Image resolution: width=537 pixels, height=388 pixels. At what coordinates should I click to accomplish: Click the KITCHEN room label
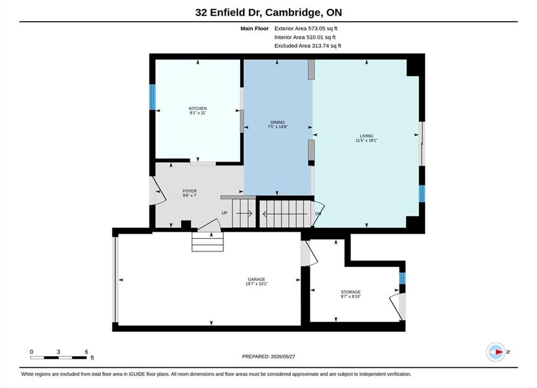(198, 108)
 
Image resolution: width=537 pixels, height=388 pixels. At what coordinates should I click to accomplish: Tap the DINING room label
(277, 122)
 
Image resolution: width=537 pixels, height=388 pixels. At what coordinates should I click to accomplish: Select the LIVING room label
(366, 136)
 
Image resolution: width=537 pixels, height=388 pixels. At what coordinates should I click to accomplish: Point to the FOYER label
(190, 191)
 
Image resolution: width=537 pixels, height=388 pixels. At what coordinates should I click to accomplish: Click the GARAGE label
(256, 279)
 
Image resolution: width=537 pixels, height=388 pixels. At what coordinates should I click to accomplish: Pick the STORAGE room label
(351, 292)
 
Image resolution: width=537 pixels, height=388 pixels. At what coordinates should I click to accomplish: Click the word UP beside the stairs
(225, 213)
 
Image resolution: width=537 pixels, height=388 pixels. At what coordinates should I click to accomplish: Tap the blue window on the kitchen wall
(152, 97)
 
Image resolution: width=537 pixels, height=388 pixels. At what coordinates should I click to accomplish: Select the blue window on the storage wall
(403, 278)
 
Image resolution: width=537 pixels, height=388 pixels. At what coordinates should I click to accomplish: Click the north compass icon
(496, 352)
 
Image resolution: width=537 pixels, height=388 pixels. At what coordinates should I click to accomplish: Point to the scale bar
(58, 358)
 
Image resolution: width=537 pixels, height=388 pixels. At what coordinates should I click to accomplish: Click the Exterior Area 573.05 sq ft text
(306, 29)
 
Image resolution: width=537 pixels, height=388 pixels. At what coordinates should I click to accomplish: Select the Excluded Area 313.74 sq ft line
(308, 46)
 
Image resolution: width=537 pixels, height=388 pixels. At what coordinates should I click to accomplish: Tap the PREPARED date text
(269, 356)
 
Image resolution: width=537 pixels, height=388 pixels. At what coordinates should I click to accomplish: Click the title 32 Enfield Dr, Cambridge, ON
(269, 12)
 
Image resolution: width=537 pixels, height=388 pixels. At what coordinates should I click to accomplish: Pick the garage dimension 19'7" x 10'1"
(256, 284)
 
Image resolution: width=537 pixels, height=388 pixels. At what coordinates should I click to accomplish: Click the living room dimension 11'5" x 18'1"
(366, 140)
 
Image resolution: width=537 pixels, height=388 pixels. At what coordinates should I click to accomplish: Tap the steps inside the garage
(208, 242)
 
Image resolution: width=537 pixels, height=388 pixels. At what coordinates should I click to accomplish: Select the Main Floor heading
(254, 29)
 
